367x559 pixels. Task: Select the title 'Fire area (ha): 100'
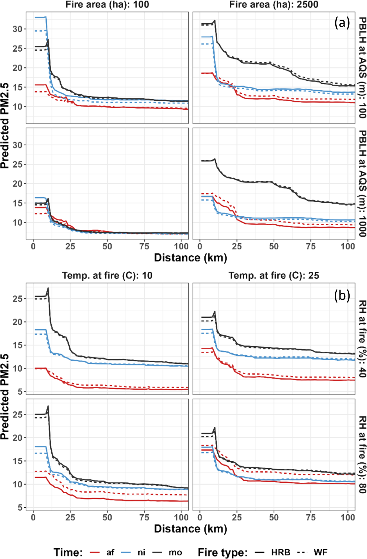pyautogui.click(x=107, y=5)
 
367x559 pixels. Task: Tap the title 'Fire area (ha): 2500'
pyautogui.click(x=274, y=5)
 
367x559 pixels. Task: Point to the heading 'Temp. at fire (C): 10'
pyautogui.click(x=107, y=276)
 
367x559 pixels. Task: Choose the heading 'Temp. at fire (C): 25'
pyautogui.click(x=274, y=276)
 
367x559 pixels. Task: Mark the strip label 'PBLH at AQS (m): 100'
pyautogui.click(x=362, y=67)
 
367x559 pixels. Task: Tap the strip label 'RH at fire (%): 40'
pyautogui.click(x=362, y=339)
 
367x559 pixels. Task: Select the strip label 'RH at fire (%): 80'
pyautogui.click(x=362, y=454)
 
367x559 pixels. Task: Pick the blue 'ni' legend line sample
pyautogui.click(x=126, y=553)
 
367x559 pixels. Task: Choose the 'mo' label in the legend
pyautogui.click(x=175, y=553)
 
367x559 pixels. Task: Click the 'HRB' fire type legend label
pyautogui.click(x=281, y=553)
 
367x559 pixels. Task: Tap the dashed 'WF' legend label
pyautogui.click(x=320, y=553)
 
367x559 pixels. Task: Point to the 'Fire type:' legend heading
pyautogui.click(x=222, y=553)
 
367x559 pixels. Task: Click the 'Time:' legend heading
pyautogui.click(x=68, y=553)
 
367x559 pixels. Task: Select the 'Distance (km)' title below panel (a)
pyautogui.click(x=190, y=258)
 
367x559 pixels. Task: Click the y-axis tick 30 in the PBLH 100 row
pyautogui.click(x=17, y=29)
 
